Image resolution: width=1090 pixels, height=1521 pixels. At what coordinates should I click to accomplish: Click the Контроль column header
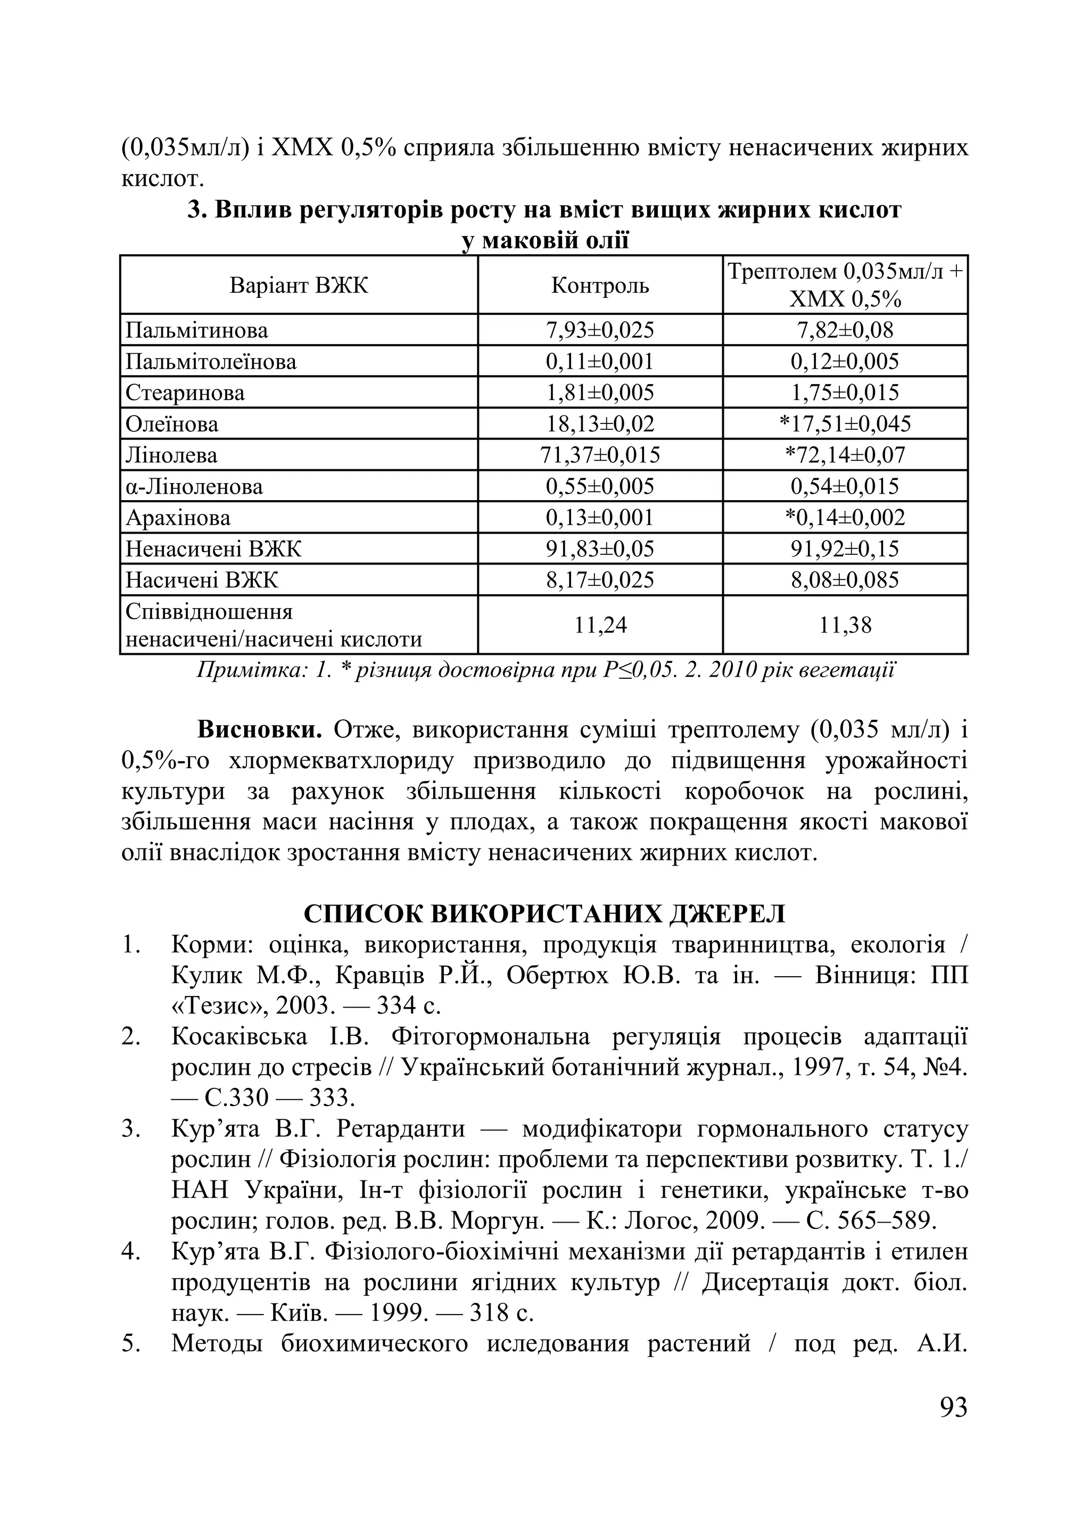(x=600, y=286)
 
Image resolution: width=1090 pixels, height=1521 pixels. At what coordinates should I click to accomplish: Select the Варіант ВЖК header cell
(x=299, y=286)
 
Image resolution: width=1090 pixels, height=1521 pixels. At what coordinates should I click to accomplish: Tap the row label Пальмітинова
(x=196, y=330)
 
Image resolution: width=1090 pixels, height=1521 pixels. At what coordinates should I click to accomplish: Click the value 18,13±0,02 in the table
(x=600, y=425)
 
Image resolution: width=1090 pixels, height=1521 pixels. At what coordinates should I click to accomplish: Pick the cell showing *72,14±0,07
(x=845, y=455)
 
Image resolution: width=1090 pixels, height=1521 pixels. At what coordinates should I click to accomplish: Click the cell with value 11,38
(x=845, y=625)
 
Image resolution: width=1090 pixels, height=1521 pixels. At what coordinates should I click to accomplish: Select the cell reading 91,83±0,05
(x=600, y=549)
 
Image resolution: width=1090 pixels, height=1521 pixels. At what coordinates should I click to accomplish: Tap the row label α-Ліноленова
(x=194, y=487)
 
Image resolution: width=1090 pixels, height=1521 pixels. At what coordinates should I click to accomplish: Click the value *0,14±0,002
(x=845, y=518)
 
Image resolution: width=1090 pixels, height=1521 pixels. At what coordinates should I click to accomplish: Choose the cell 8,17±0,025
(x=600, y=580)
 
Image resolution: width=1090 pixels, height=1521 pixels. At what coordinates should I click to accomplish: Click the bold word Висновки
(x=260, y=730)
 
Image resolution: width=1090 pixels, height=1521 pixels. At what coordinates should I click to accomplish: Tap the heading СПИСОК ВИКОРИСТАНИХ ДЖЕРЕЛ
(x=544, y=914)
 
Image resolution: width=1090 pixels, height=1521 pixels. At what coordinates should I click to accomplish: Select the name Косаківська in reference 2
(x=239, y=1037)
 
